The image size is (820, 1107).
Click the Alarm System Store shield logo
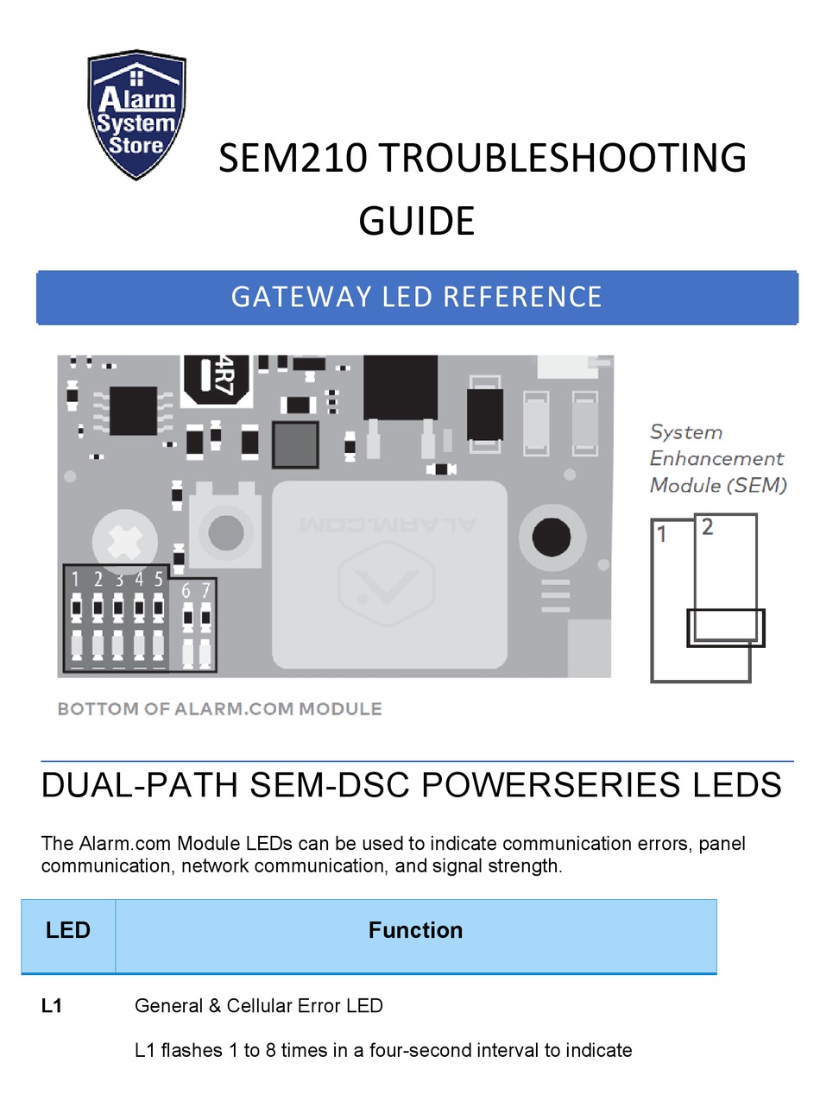137,115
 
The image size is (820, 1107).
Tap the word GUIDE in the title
416,221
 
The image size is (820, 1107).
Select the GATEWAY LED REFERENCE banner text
416,297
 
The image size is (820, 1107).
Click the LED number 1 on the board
76,579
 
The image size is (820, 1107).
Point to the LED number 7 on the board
205,591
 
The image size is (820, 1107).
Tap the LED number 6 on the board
186,591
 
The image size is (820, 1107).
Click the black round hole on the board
551,538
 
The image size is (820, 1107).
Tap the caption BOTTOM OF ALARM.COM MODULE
219,709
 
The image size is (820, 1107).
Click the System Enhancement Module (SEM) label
716,459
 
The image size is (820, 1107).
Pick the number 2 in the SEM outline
708,528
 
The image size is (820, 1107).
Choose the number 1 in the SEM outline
662,535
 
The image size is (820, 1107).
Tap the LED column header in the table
68,930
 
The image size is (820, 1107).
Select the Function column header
415,930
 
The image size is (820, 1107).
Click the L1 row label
52,1006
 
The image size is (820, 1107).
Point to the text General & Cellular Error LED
259,1006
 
